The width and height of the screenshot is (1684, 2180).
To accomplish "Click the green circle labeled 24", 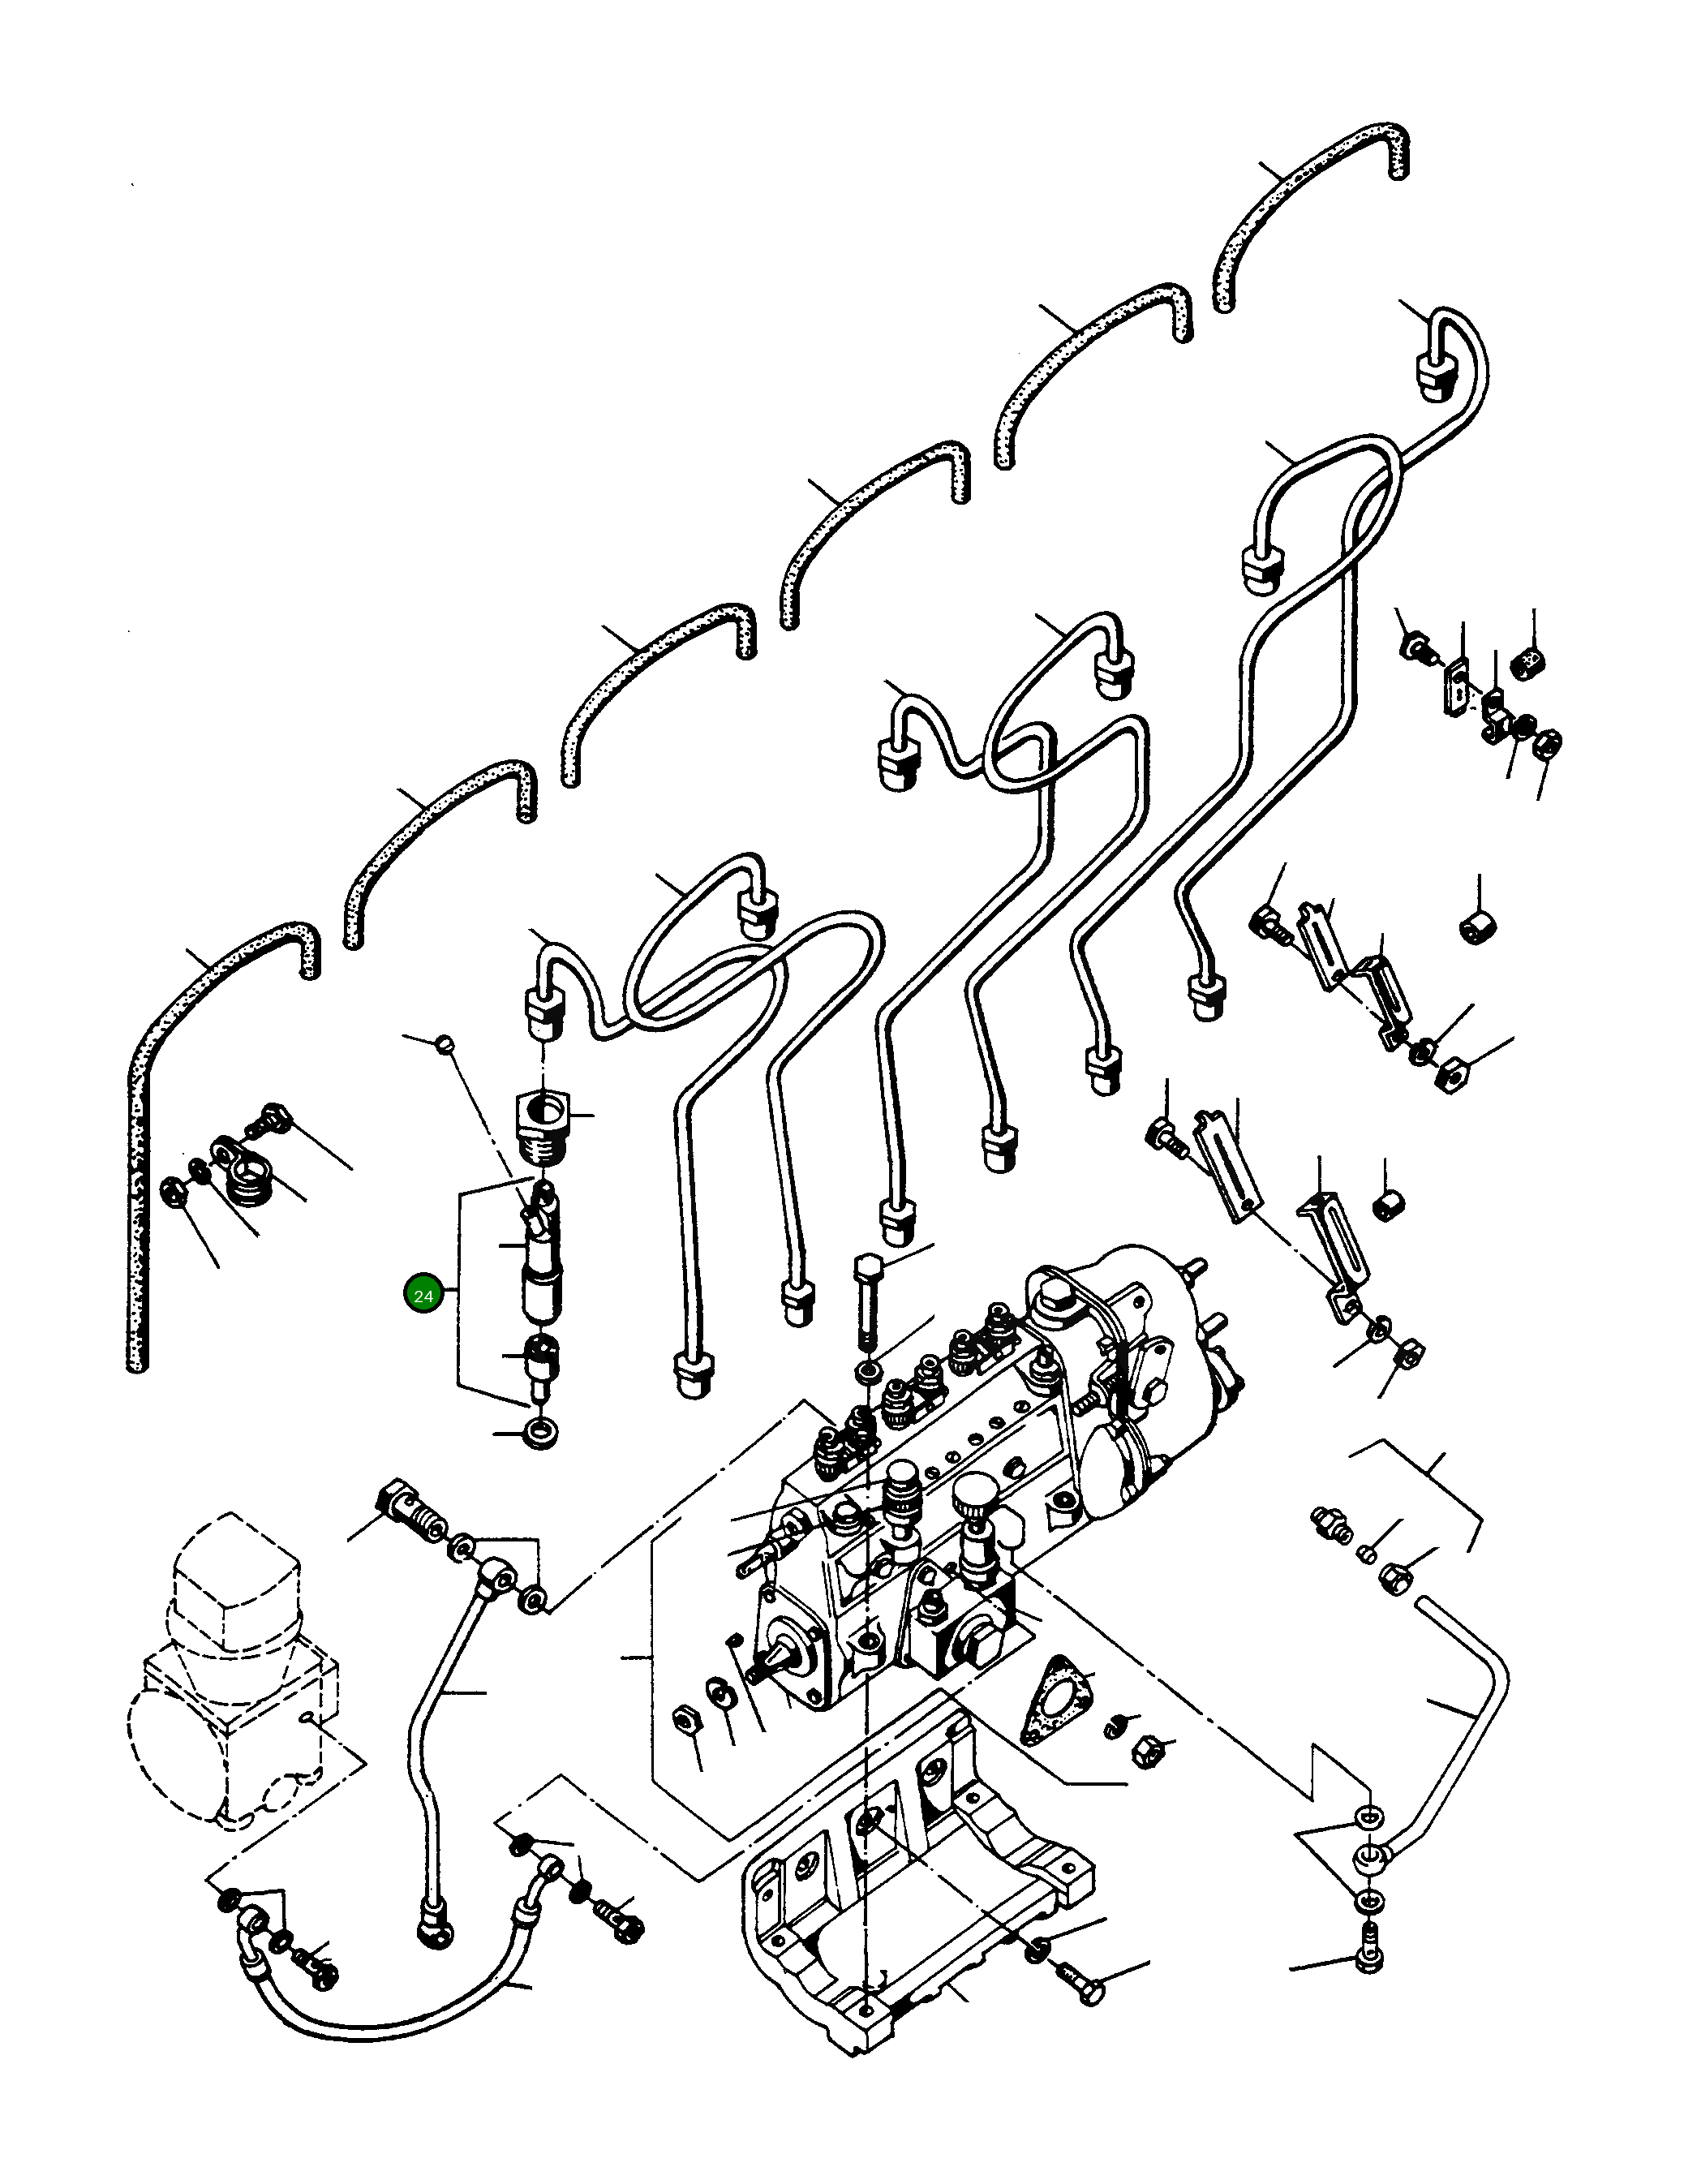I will click(x=423, y=1296).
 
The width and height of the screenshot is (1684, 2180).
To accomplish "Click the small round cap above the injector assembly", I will click(x=445, y=1044).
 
